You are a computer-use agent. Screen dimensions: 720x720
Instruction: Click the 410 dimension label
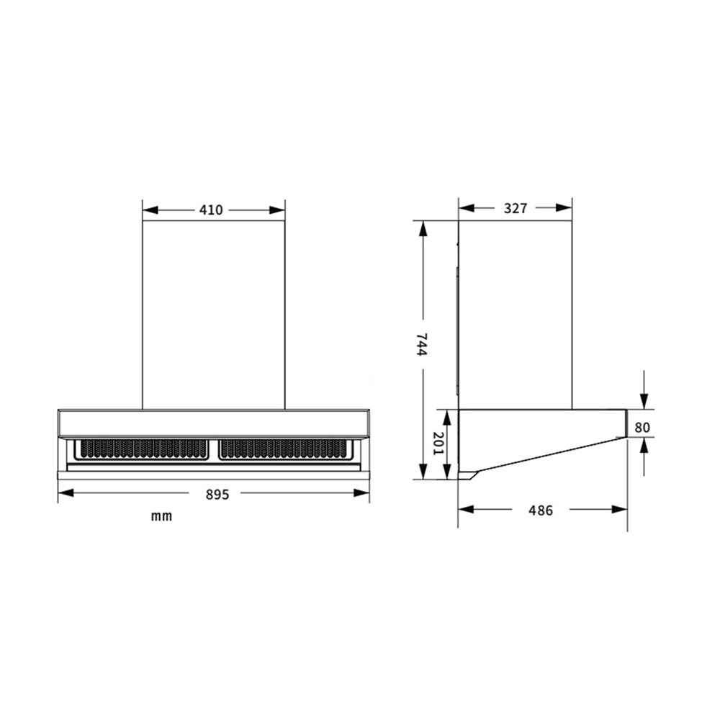pos(211,210)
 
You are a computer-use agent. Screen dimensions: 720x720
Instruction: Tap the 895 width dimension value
pos(217,495)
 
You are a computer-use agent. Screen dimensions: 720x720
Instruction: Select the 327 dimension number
pos(516,208)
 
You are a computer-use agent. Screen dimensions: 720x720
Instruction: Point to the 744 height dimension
pos(421,344)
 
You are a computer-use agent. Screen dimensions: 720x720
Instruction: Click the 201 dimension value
pos(439,444)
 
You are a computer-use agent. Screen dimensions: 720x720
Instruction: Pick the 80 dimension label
pos(642,428)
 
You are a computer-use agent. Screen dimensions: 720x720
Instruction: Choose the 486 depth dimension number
pos(541,510)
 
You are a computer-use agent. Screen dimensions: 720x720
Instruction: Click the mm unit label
pos(161,516)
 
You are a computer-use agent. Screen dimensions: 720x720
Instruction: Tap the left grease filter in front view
pos(144,449)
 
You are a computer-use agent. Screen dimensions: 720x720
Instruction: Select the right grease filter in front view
pos(283,449)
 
